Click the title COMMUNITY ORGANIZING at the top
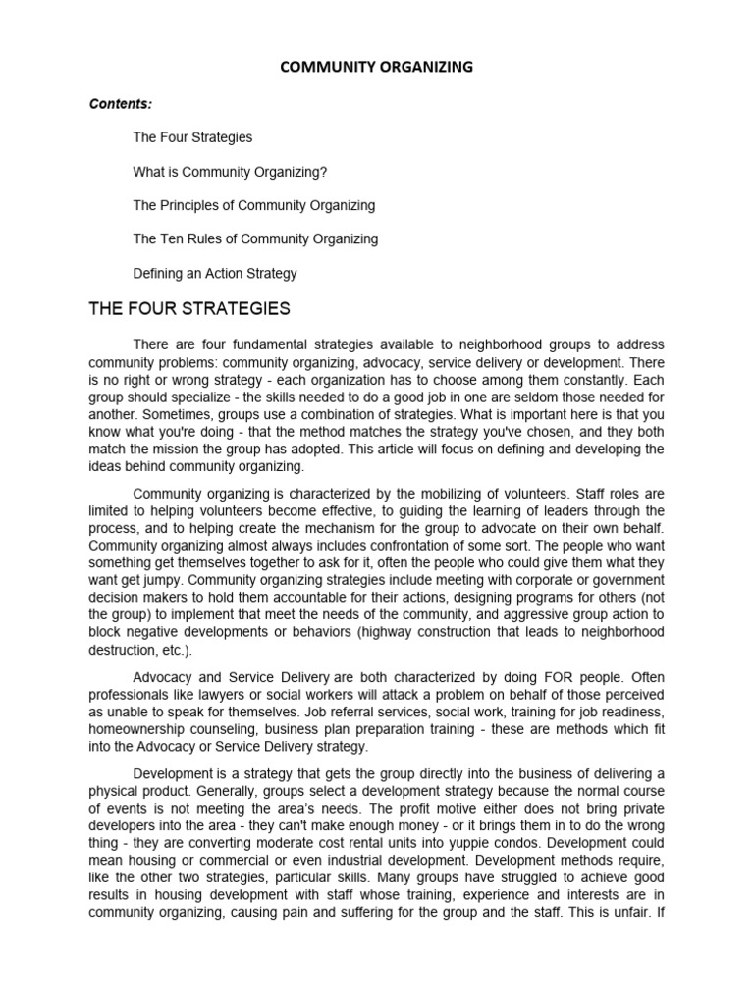377,67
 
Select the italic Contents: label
122,103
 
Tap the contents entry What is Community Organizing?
230,172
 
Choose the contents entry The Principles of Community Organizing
254,205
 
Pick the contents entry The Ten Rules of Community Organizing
255,238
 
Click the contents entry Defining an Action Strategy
215,273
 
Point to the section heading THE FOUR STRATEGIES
189,309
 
